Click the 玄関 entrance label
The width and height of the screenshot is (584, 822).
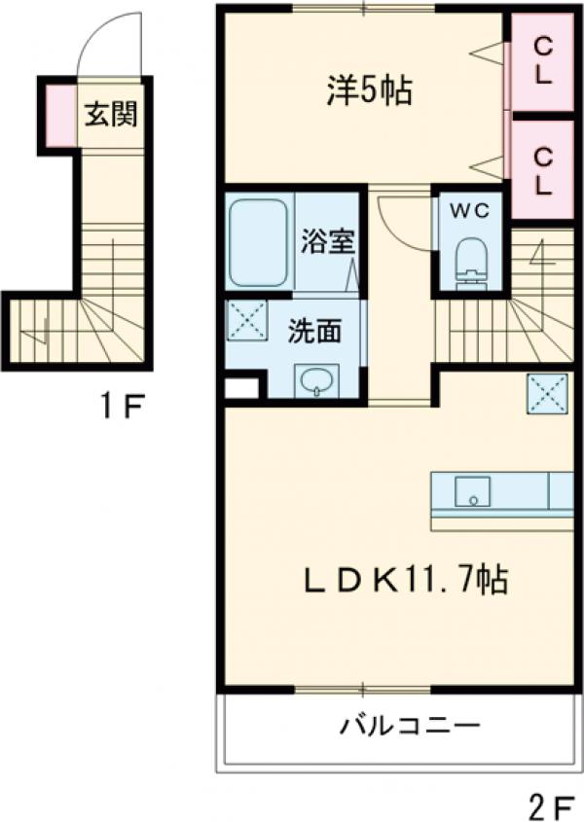point(109,115)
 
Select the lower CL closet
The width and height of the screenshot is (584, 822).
point(543,169)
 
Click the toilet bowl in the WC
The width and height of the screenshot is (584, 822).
point(471,257)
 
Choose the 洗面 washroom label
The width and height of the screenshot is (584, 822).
point(313,332)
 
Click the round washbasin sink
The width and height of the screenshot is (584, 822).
point(315,380)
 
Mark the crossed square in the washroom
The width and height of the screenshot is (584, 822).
point(247,321)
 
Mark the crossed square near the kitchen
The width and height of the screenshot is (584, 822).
point(546,393)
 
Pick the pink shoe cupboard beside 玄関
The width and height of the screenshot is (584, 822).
point(57,116)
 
